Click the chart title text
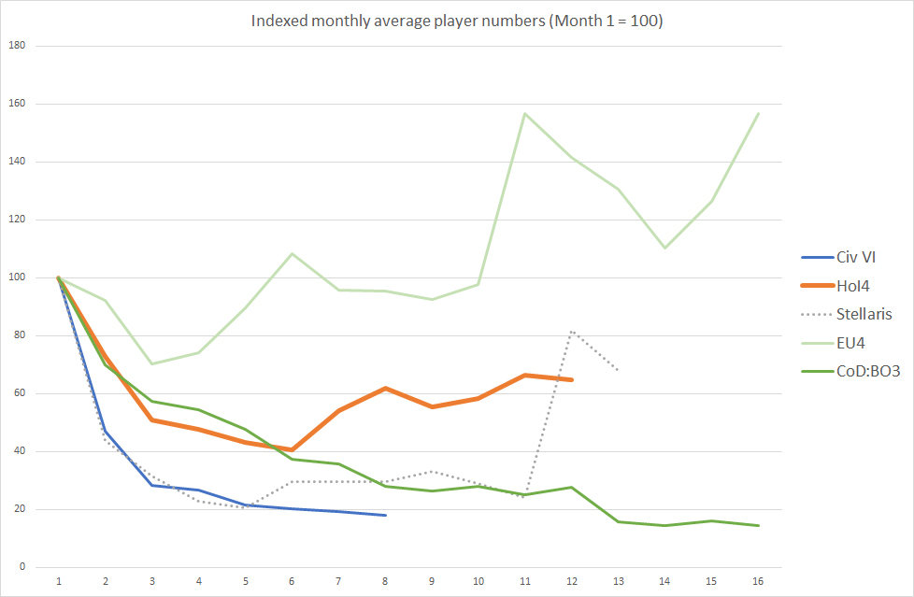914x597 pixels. coord(456,21)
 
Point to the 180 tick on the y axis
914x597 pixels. coord(17,45)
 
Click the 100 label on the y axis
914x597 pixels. coord(17,277)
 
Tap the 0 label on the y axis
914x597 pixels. coord(22,567)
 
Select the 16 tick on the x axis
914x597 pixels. coord(758,581)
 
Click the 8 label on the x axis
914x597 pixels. coord(385,581)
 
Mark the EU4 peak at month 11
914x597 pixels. coord(525,113)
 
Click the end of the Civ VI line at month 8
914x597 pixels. coord(385,515)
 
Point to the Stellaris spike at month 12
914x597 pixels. coord(572,331)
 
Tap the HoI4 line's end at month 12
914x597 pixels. coord(572,379)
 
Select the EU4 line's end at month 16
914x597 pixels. coord(758,113)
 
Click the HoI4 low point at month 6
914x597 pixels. coord(292,449)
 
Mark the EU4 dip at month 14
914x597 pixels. coord(664,248)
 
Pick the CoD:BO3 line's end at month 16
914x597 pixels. coord(758,525)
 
